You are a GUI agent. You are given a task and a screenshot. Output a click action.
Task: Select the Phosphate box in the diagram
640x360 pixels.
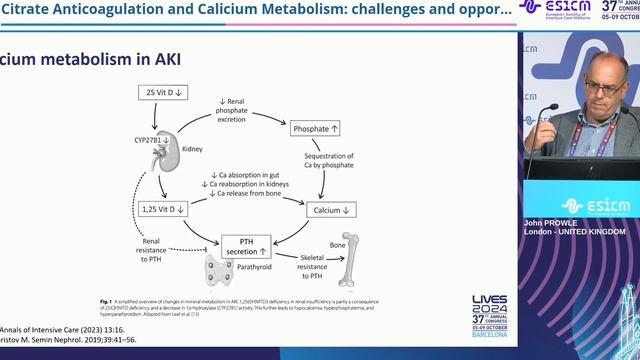(x=317, y=130)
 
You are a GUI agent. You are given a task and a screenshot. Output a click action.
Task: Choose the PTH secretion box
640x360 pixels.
(x=247, y=246)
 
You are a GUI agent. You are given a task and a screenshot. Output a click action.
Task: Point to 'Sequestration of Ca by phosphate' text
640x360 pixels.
(x=331, y=168)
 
